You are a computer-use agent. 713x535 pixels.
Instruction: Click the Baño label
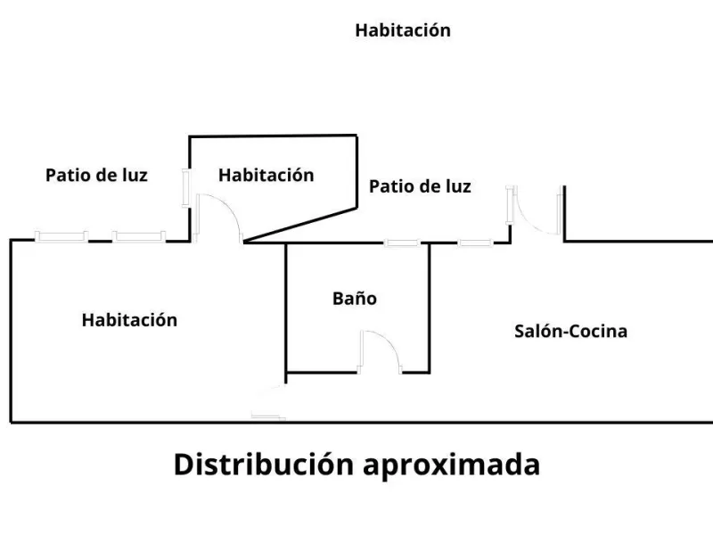[x=355, y=299]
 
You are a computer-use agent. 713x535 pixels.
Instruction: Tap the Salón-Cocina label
[x=570, y=331]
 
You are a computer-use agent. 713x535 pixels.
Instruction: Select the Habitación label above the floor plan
[x=403, y=30]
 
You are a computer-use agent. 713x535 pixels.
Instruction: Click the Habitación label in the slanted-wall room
[x=266, y=175]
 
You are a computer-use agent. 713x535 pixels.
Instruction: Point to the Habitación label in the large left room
[x=129, y=320]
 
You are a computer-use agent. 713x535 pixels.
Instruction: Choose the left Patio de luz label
[x=96, y=175]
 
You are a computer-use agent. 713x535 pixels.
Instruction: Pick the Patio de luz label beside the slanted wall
[x=420, y=186]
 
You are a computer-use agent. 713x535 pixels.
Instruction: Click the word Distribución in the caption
[x=264, y=465]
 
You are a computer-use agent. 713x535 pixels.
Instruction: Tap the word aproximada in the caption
[x=452, y=465]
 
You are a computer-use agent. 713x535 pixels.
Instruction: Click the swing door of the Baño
[x=391, y=342]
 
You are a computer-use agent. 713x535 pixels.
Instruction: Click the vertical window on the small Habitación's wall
[x=186, y=188]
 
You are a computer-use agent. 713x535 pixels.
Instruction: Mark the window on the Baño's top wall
[x=402, y=243]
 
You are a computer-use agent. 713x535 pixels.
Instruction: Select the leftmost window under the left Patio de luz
[x=61, y=236]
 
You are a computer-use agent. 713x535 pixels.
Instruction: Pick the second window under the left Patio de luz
[x=139, y=236]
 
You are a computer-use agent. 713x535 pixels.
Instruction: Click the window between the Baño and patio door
[x=475, y=243]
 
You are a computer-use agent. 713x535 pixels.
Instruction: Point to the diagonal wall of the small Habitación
[x=300, y=224]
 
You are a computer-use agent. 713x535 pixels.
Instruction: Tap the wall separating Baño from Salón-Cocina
[x=430, y=309]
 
